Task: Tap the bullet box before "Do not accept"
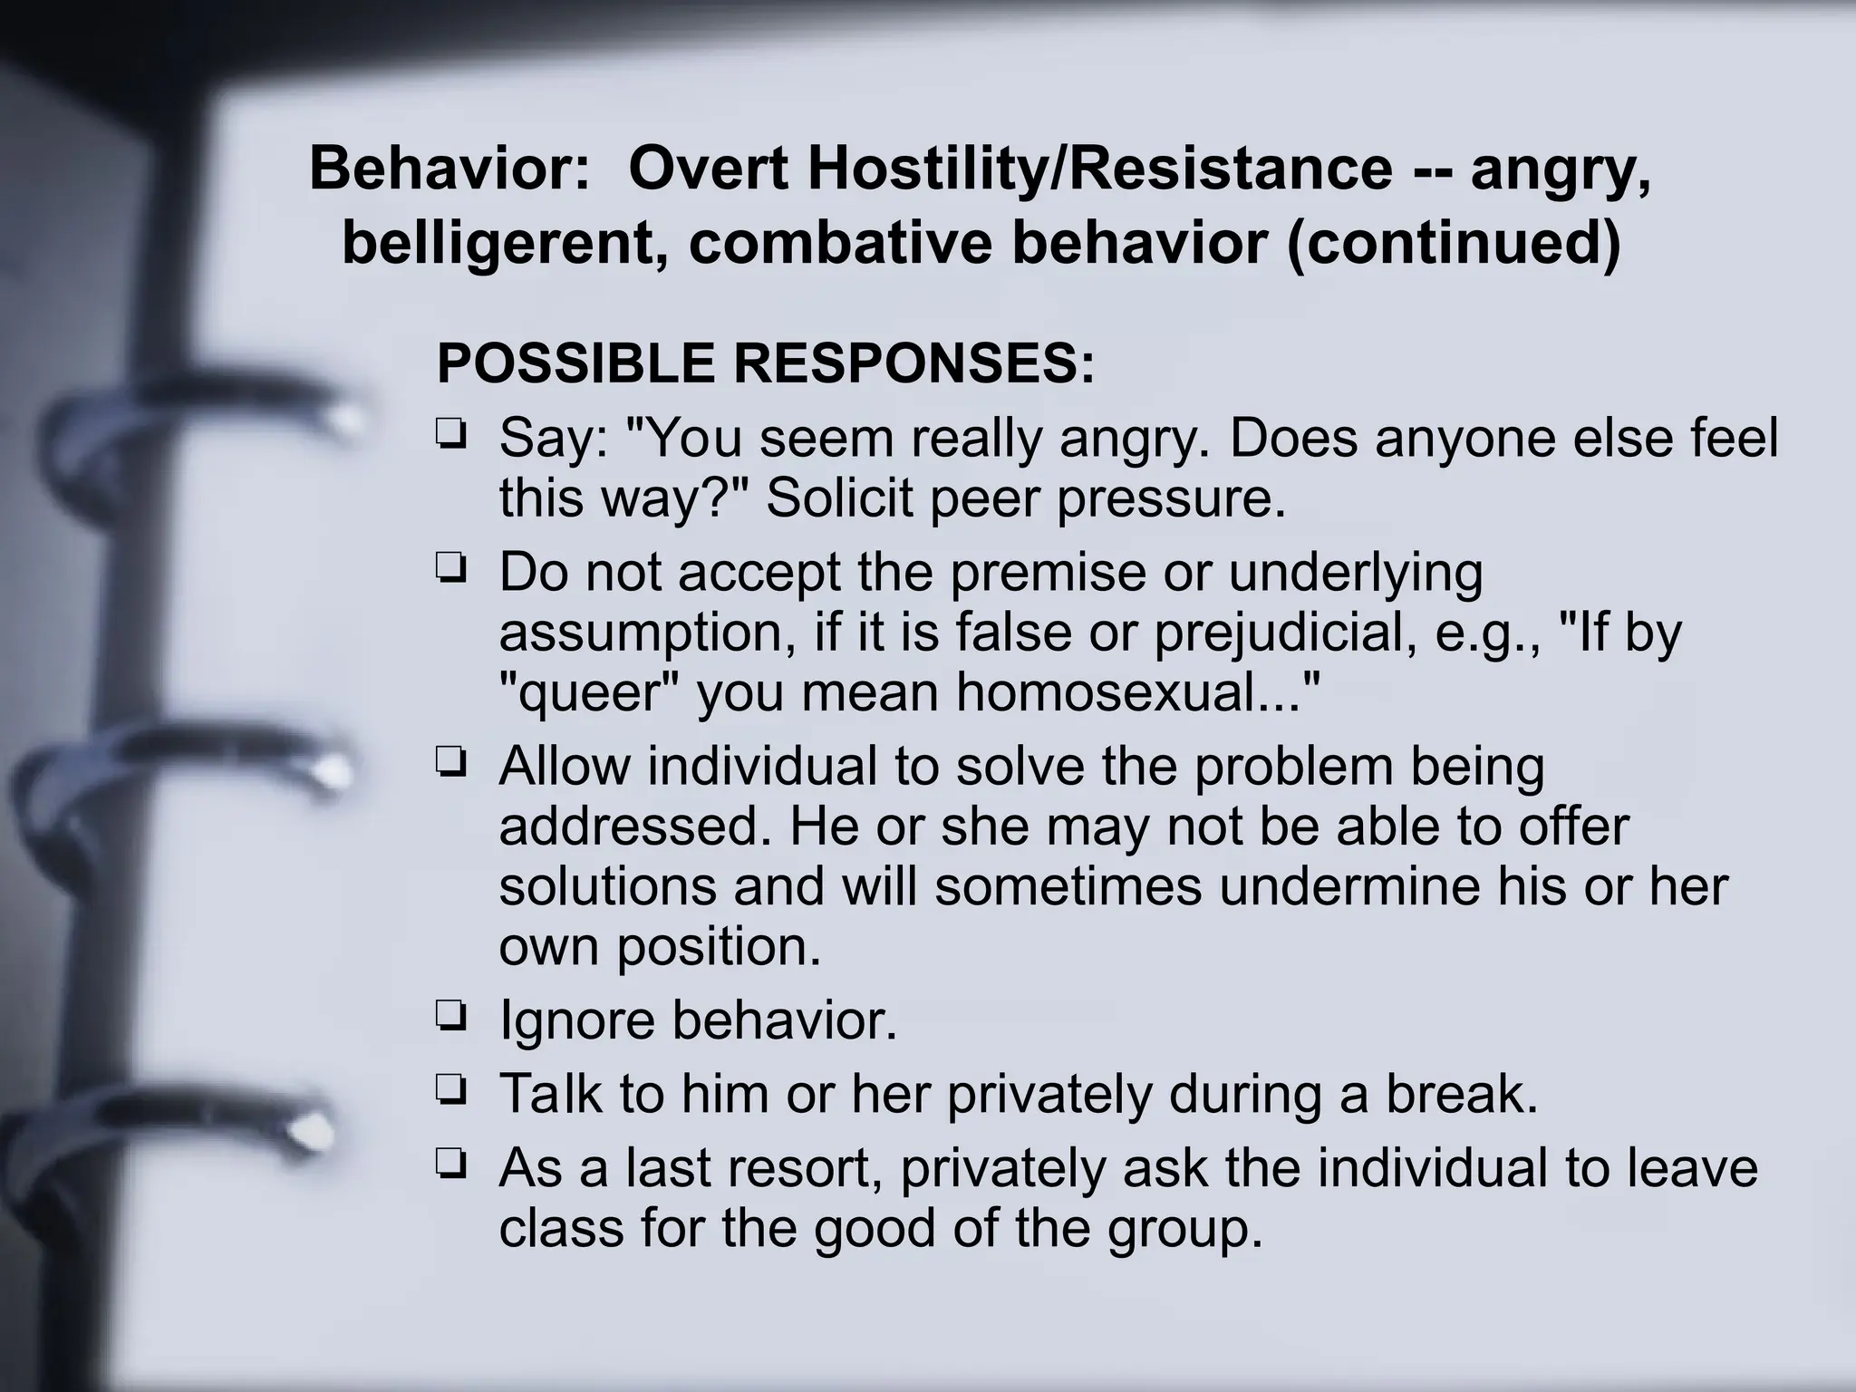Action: [x=450, y=568]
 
